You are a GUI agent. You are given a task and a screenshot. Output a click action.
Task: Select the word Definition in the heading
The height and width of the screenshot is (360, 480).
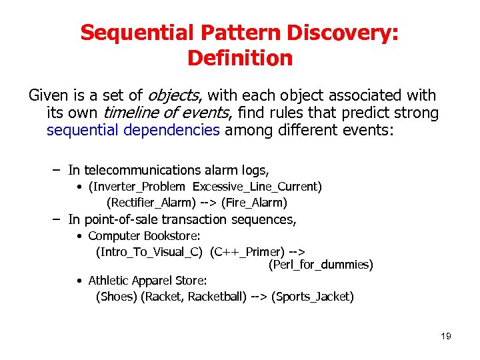(x=240, y=58)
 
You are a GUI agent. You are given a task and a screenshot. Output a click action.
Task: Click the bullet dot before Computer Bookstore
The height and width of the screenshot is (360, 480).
(x=79, y=236)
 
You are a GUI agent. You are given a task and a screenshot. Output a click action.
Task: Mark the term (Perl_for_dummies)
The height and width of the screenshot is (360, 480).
(x=321, y=265)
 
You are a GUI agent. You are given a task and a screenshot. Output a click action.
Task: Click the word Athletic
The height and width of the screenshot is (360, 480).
(x=109, y=281)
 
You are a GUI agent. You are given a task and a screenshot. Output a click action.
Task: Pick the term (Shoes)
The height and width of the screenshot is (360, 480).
(x=116, y=297)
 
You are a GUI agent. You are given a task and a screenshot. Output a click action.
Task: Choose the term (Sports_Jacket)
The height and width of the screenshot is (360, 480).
(x=313, y=297)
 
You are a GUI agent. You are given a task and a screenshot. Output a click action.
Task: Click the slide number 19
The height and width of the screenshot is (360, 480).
(x=445, y=336)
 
